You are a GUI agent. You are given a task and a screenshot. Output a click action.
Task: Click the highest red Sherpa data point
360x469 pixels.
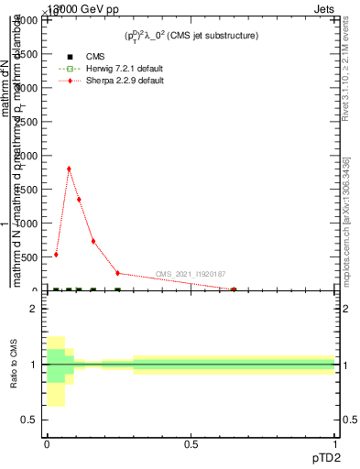(x=69, y=169)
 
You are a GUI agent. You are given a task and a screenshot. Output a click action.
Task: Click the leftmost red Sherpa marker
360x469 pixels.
(x=56, y=255)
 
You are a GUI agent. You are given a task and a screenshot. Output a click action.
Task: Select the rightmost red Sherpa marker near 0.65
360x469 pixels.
(x=234, y=289)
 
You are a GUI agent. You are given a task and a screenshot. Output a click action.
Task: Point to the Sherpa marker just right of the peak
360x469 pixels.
(x=79, y=200)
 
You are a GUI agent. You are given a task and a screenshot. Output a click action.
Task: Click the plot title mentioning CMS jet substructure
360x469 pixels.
(x=191, y=36)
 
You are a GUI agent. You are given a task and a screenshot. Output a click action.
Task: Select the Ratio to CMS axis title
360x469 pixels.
(x=14, y=365)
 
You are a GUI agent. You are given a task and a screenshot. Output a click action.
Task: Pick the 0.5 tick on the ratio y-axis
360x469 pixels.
(x=29, y=420)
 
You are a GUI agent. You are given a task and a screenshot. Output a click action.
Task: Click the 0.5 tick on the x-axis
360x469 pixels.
(x=191, y=445)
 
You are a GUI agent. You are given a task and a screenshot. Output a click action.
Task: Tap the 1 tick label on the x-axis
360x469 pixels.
(x=336, y=445)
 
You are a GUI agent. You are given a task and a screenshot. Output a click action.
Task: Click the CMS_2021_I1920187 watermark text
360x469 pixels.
(x=190, y=274)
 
